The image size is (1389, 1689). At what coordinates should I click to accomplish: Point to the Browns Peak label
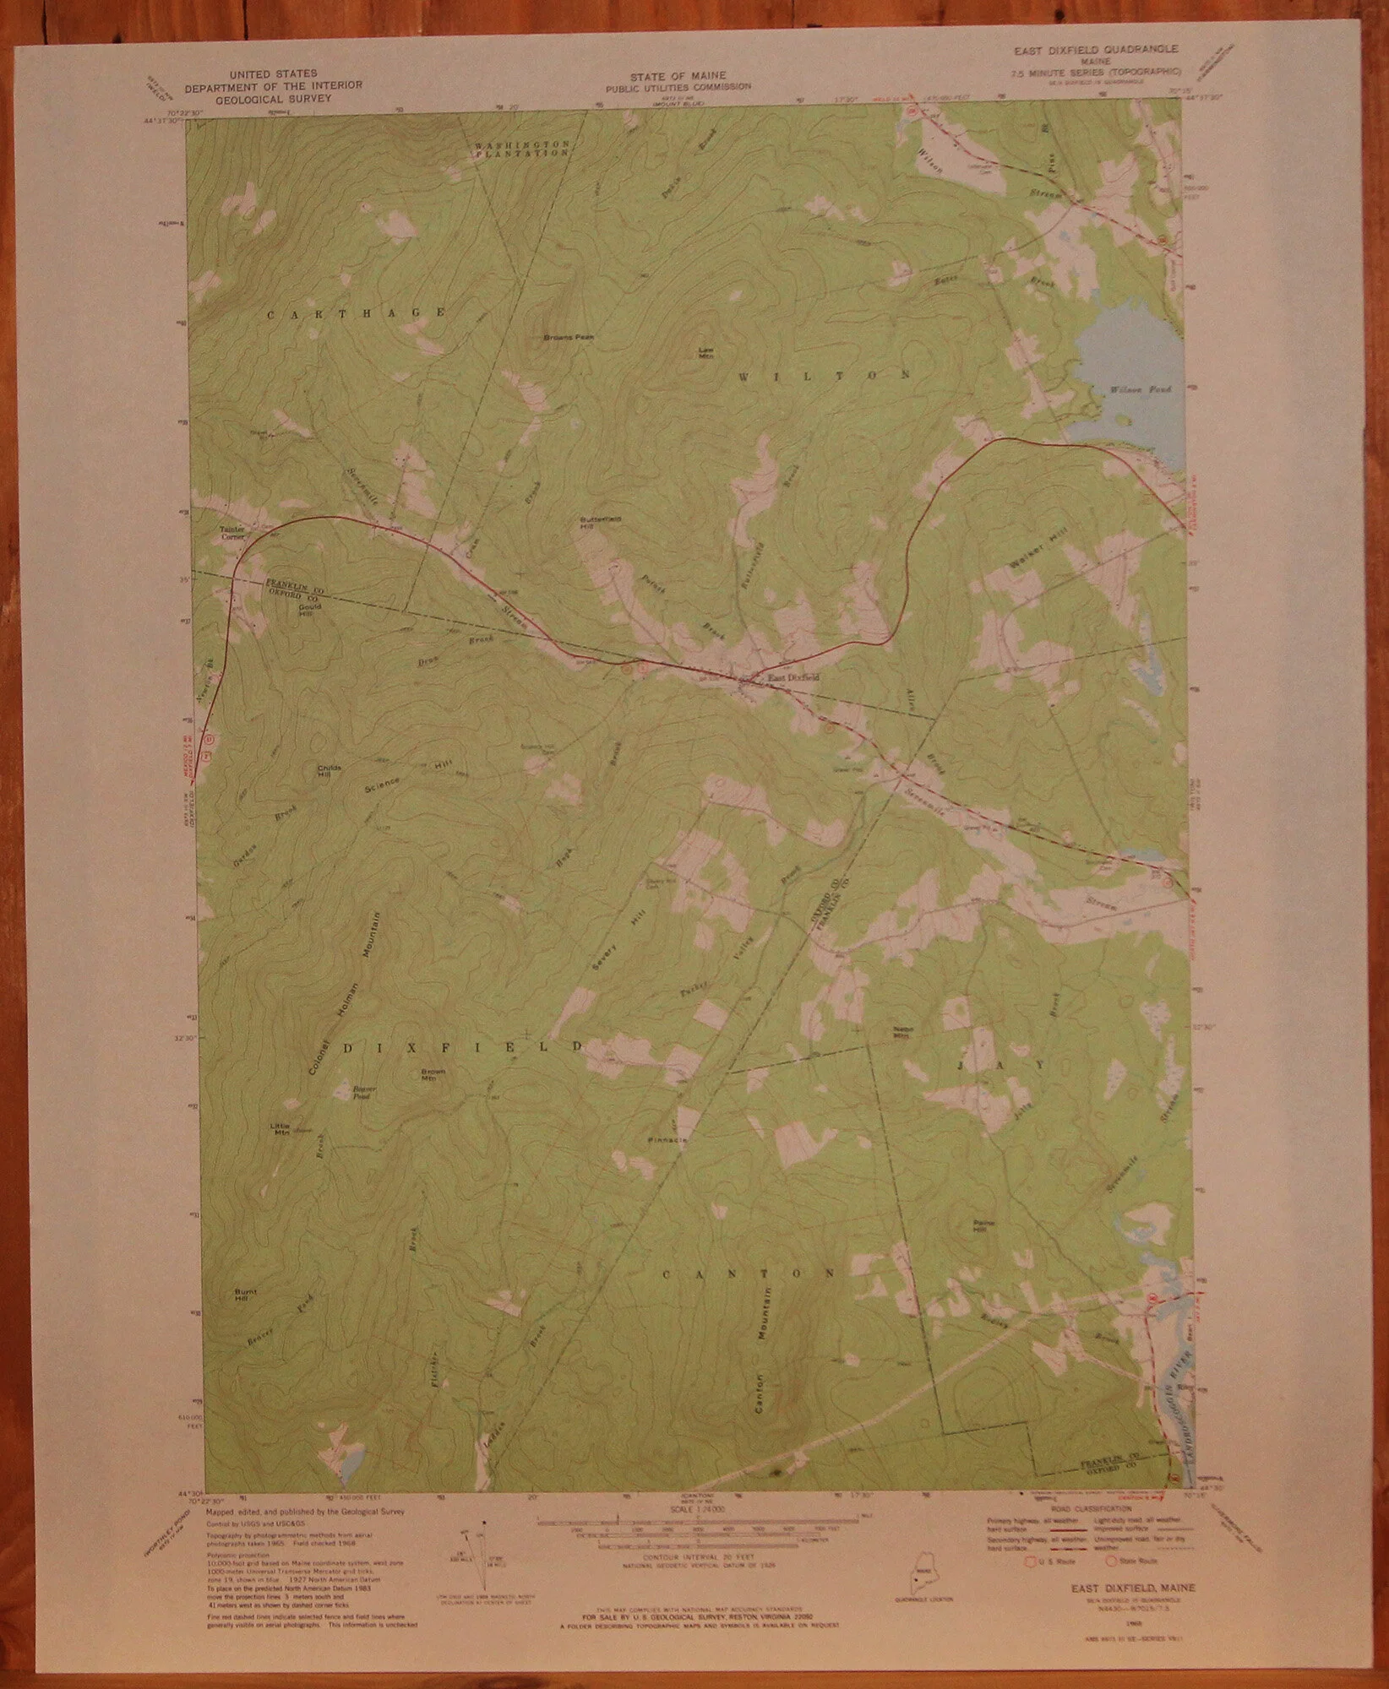[x=569, y=337]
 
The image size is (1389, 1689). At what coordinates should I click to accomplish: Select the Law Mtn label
[x=705, y=352]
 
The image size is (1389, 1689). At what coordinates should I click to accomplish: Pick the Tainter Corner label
[x=231, y=533]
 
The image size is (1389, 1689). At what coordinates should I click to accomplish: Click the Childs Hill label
[x=329, y=769]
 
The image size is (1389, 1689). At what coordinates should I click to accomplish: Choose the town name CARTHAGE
[x=356, y=313]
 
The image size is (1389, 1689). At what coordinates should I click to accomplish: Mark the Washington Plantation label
[x=521, y=149]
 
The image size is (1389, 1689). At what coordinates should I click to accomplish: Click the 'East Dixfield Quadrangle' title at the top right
[x=1097, y=50]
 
